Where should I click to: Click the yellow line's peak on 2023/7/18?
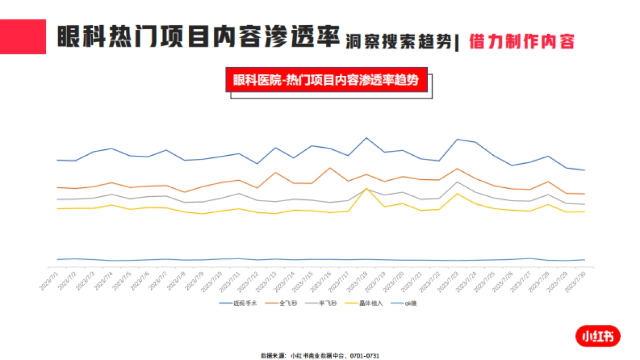366,188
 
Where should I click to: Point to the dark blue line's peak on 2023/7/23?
457,139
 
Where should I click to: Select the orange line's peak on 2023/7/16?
330,168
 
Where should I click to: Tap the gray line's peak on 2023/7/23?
457,182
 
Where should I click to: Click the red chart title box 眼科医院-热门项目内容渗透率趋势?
326,80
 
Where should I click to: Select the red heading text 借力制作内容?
522,41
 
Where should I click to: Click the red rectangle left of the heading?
23,37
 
